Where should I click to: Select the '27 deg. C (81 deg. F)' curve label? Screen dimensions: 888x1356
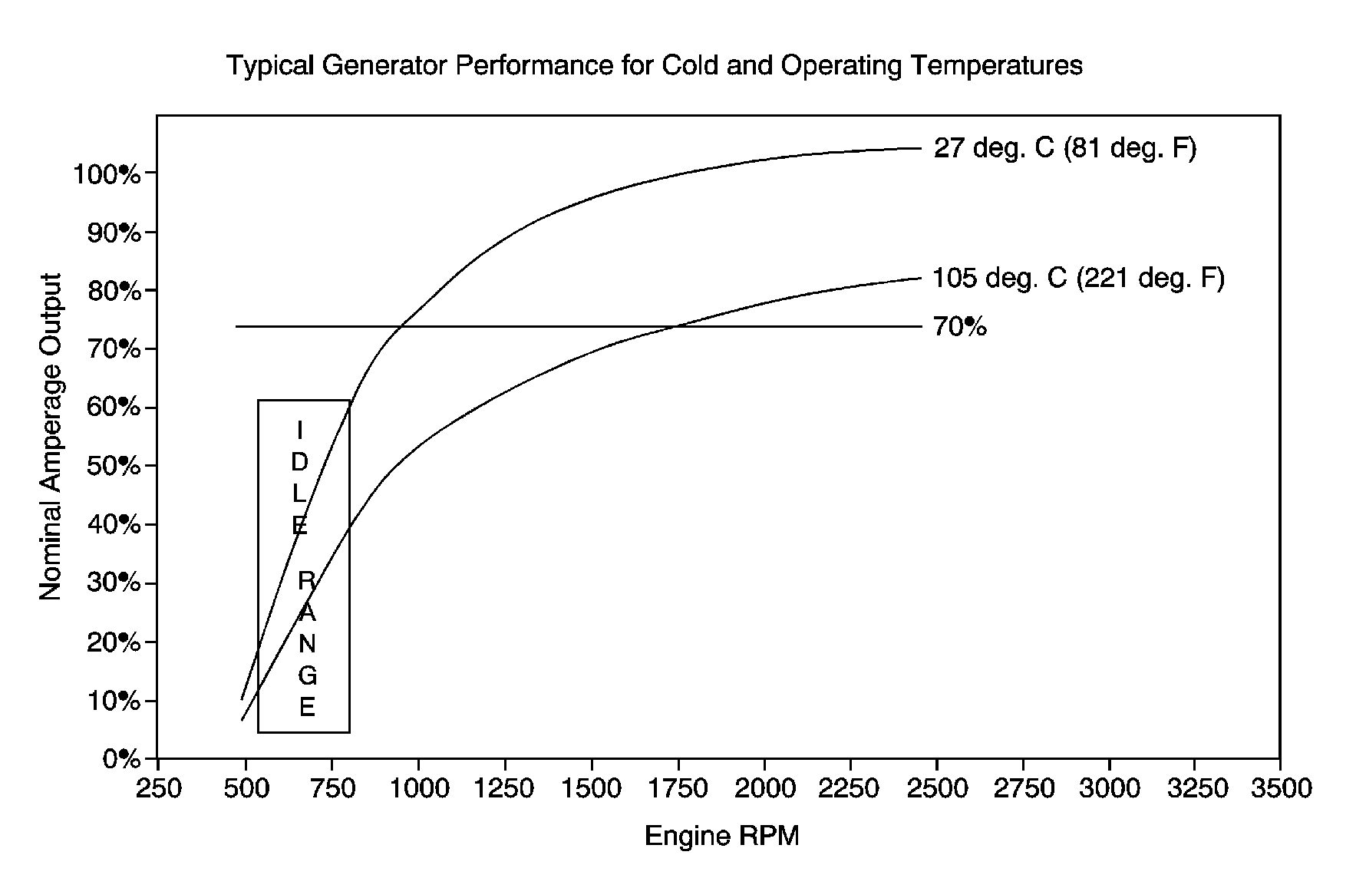(1064, 147)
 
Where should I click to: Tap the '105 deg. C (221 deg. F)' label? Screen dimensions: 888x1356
(1078, 278)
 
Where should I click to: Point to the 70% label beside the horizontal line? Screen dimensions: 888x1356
(959, 328)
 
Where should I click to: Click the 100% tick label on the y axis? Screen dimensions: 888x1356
(107, 174)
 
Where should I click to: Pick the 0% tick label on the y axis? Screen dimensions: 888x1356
(121, 759)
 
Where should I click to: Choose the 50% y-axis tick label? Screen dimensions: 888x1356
(114, 466)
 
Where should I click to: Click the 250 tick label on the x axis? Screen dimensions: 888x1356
(158, 788)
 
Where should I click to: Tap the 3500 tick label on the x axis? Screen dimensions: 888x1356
(1279, 788)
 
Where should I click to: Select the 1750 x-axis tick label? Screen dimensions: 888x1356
(677, 788)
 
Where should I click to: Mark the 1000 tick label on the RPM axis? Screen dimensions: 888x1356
(418, 788)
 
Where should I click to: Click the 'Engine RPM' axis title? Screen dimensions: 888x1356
(721, 836)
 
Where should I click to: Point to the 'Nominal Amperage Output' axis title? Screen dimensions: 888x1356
(51, 437)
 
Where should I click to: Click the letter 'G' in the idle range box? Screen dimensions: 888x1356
(307, 675)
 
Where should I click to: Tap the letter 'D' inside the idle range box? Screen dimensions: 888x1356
(299, 462)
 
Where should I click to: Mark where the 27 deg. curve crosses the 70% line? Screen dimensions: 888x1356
(400, 326)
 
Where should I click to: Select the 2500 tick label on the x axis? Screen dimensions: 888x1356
(935, 788)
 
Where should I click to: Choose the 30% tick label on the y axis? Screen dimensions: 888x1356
(114, 583)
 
